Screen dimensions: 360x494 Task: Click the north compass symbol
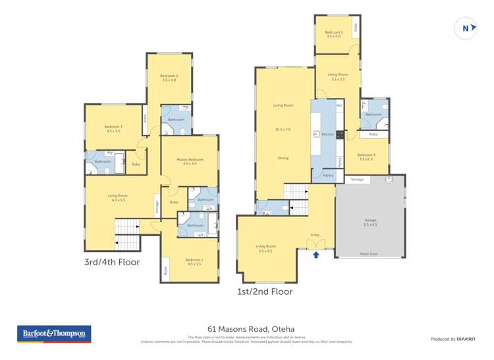click(x=466, y=28)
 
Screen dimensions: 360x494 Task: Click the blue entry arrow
click(x=317, y=254)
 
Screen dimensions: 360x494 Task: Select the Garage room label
click(x=370, y=220)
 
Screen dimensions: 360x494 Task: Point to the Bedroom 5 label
click(x=334, y=33)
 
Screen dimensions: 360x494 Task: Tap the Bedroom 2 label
click(x=169, y=76)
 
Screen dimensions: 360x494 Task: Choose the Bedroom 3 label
click(x=113, y=126)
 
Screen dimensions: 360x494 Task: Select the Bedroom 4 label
click(x=366, y=155)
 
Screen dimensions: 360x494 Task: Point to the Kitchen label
click(x=327, y=134)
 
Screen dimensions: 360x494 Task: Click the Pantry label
click(x=328, y=175)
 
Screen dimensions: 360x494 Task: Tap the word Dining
click(x=283, y=158)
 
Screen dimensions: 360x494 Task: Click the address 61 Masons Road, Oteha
click(x=247, y=327)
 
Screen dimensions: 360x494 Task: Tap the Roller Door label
click(x=369, y=253)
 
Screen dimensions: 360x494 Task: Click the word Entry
click(x=314, y=235)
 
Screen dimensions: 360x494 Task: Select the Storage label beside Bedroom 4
click(x=357, y=179)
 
